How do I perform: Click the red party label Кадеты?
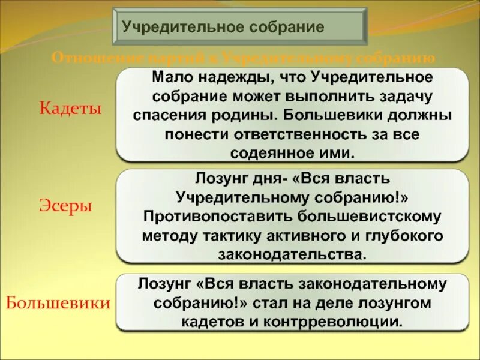pos(71,109)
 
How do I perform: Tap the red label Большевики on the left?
pos(58,302)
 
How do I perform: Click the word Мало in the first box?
pos(172,77)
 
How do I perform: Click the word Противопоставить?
pos(208,215)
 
